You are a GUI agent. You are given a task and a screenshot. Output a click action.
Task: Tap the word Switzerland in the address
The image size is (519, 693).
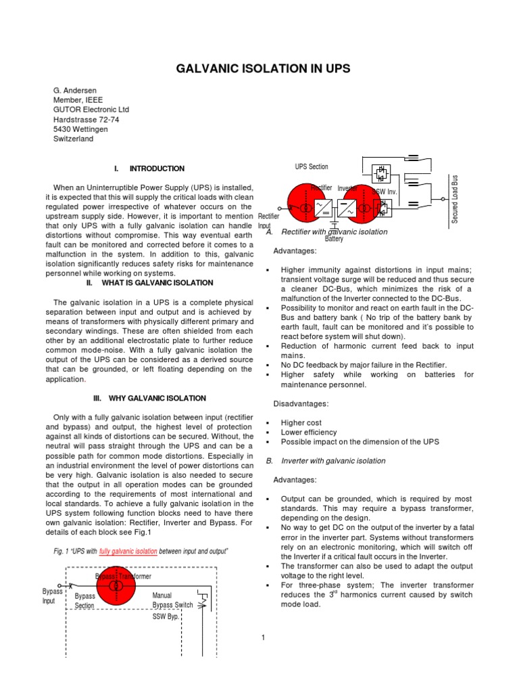(x=74, y=139)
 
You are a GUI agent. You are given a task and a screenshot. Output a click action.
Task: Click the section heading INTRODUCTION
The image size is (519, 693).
(x=156, y=169)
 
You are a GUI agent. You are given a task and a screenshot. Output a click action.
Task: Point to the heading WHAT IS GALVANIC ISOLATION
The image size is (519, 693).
(x=157, y=283)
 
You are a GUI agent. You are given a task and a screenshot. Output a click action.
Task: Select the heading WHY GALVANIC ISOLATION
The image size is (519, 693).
(x=154, y=399)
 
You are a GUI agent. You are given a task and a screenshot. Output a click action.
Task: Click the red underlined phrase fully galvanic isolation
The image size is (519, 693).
(x=128, y=552)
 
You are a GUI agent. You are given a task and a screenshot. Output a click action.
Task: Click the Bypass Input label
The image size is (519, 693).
(x=52, y=596)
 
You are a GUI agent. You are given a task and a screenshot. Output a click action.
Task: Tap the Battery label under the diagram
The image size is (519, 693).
(x=334, y=239)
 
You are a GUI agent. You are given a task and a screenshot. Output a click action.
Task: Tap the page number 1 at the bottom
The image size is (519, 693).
(x=263, y=636)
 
